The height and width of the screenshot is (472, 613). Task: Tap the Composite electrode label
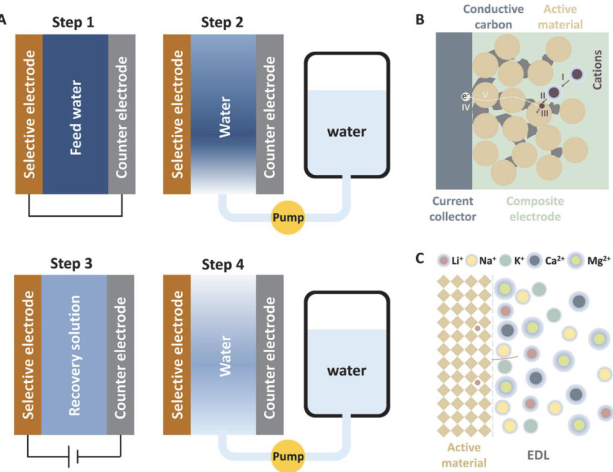point(534,209)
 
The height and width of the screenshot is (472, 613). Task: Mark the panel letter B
point(421,20)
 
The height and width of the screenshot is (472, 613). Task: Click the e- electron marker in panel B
point(464,97)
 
